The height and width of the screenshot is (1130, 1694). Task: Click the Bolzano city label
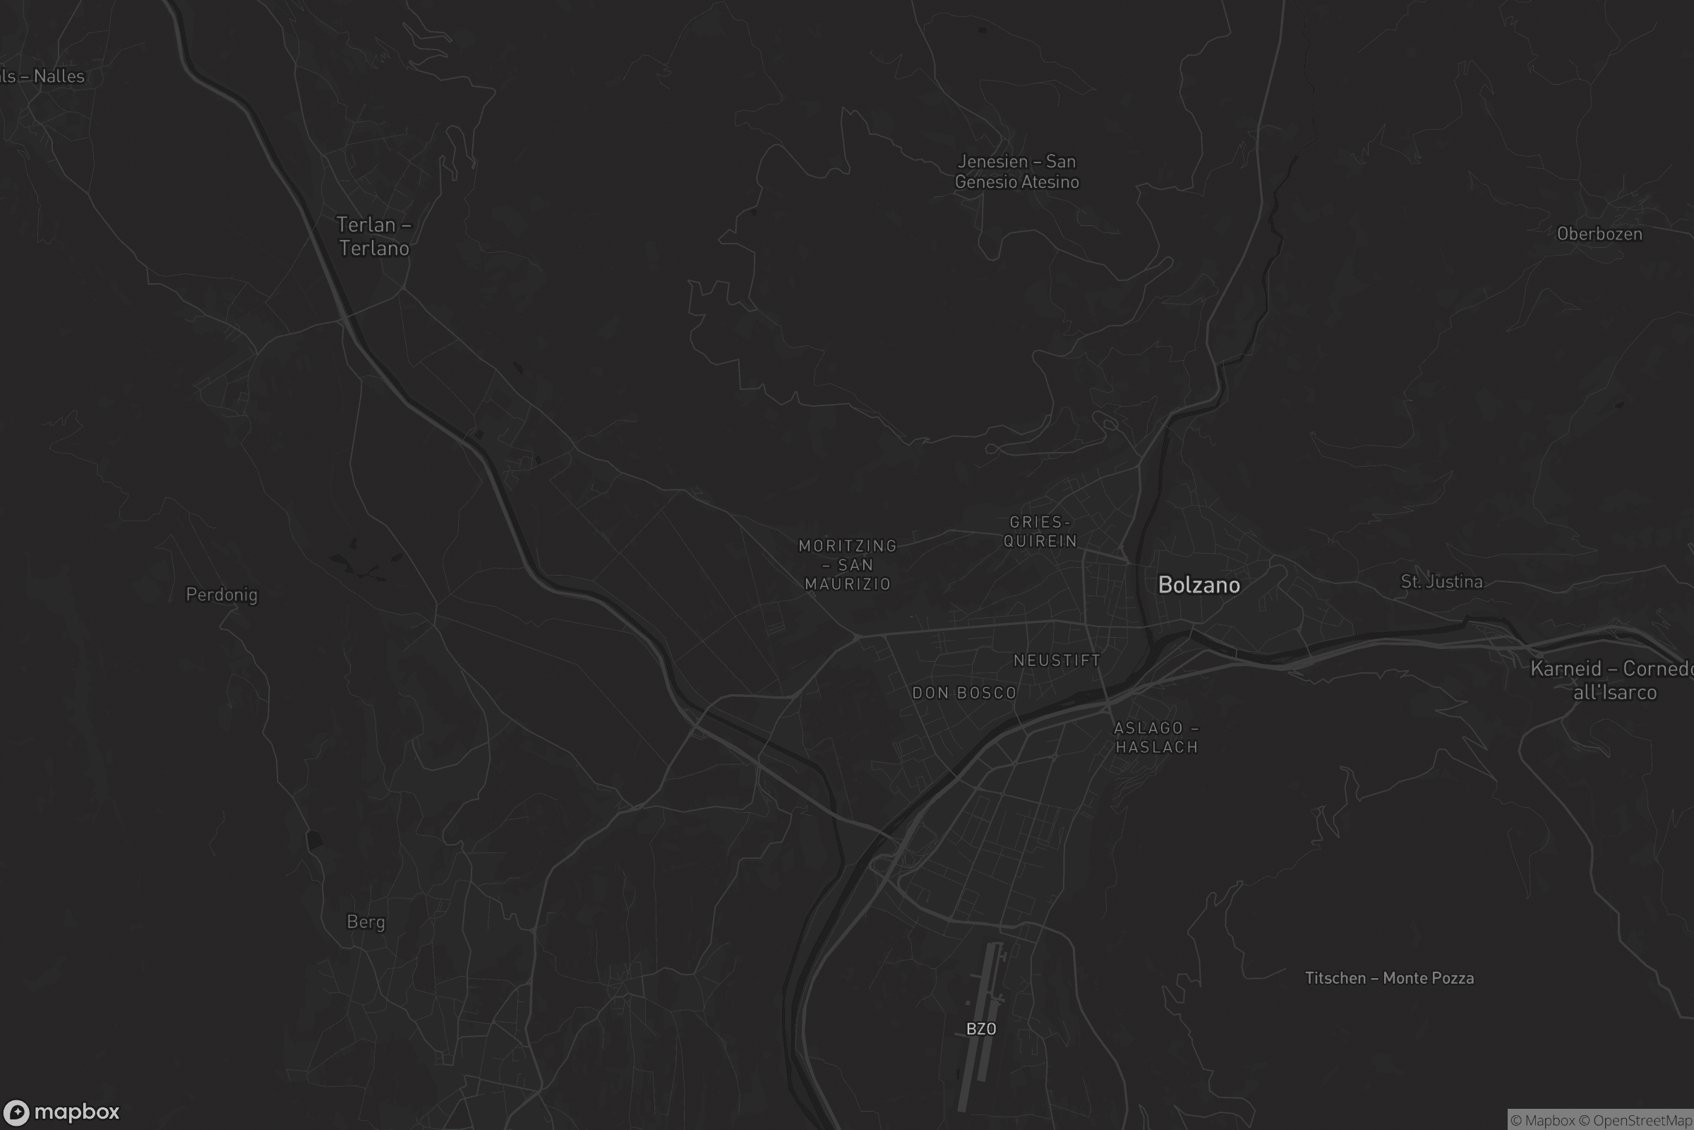pyautogui.click(x=1199, y=585)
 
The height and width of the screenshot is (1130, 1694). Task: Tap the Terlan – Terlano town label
pyautogui.click(x=374, y=237)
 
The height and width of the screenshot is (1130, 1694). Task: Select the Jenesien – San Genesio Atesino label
pyautogui.click(x=1016, y=172)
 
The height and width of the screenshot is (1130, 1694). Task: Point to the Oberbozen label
pyautogui.click(x=1599, y=234)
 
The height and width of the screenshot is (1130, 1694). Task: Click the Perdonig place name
pyautogui.click(x=221, y=595)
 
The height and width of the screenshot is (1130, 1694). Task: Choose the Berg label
pyautogui.click(x=366, y=922)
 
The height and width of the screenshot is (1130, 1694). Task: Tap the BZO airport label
pyautogui.click(x=981, y=1028)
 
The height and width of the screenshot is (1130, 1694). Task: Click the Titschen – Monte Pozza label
pyautogui.click(x=1388, y=978)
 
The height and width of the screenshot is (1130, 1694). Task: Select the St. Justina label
pyautogui.click(x=1441, y=581)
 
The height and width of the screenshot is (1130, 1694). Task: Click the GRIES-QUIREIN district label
pyautogui.click(x=1040, y=532)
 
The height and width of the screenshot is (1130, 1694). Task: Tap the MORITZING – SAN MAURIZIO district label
pyautogui.click(x=848, y=565)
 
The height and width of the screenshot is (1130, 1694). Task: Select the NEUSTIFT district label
pyautogui.click(x=1057, y=660)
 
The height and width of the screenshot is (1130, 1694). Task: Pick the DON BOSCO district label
pyautogui.click(x=963, y=694)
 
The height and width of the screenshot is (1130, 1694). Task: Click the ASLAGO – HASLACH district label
pyautogui.click(x=1156, y=737)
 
